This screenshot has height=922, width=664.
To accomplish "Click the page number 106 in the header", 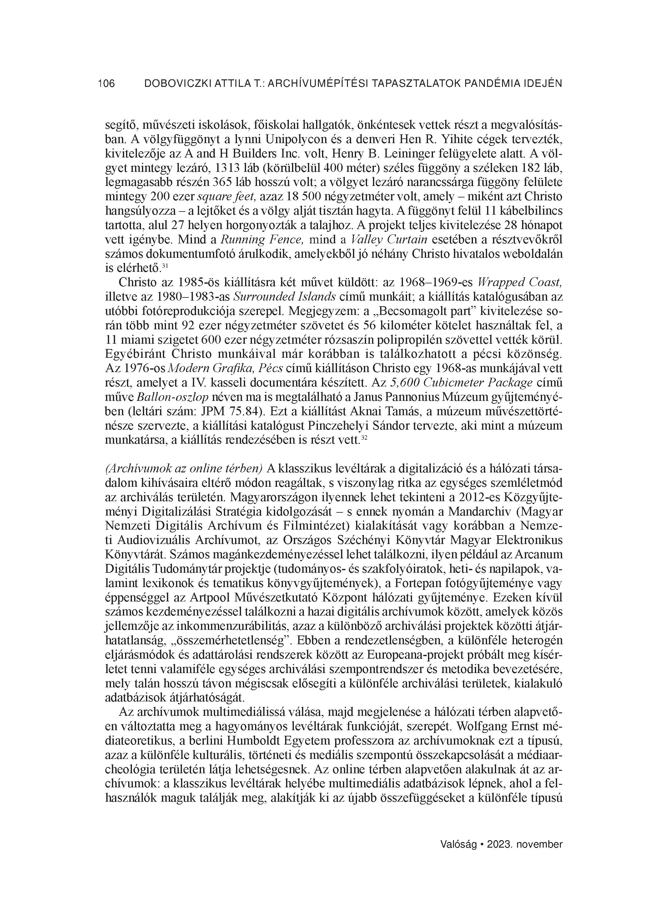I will click(x=107, y=84).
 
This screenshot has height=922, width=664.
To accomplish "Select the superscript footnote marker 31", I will click(x=165, y=266).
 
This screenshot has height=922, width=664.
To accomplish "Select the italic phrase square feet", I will click(x=227, y=196).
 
